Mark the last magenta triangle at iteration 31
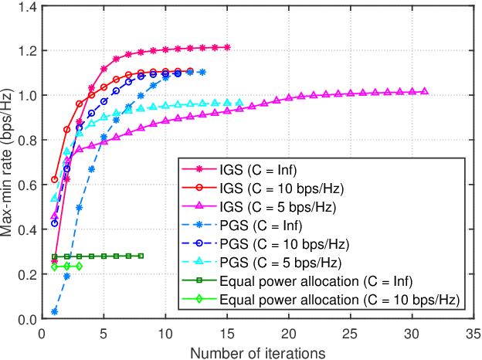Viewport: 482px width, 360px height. pos(424,91)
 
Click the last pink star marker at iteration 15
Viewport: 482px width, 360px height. pos(227,47)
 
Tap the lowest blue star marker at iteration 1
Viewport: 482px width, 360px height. pos(55,311)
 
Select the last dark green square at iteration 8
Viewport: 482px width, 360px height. pos(141,256)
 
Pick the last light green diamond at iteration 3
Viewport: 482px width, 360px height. pos(80,267)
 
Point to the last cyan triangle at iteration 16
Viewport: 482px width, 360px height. pos(239,102)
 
